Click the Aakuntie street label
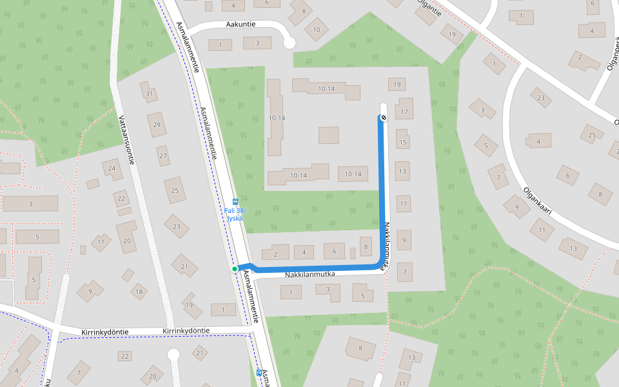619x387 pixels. pyautogui.click(x=241, y=25)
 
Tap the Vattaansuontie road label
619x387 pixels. pyautogui.click(x=125, y=140)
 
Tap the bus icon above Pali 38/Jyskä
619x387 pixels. pyautogui.click(x=235, y=202)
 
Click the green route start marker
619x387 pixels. pyautogui.click(x=235, y=268)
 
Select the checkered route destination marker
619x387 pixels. pyautogui.click(x=382, y=117)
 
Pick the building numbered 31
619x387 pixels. pyautogui.click(x=150, y=94)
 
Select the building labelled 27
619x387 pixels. pyautogui.click(x=163, y=155)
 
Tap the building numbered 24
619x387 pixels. pyautogui.click(x=113, y=169)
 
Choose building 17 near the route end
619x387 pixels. pyautogui.click(x=405, y=108)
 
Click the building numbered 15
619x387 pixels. pyautogui.click(x=403, y=139)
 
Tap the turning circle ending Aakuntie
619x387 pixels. pyautogui.click(x=289, y=43)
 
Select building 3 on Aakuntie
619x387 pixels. pyautogui.click(x=257, y=43)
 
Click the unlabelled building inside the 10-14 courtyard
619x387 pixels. pyautogui.click(x=328, y=135)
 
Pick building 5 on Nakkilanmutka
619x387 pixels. pyautogui.click(x=362, y=295)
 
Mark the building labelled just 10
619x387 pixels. pyautogui.click(x=316, y=29)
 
